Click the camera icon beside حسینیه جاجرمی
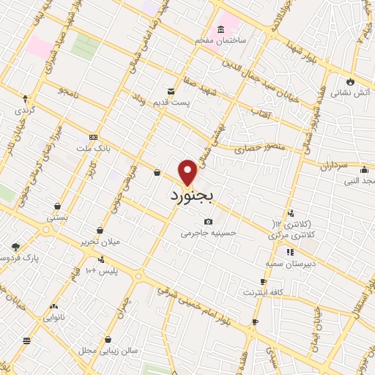[x=208, y=221]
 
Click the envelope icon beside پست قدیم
[x=171, y=91]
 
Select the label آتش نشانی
[x=350, y=93]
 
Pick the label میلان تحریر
[x=119, y=241]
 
